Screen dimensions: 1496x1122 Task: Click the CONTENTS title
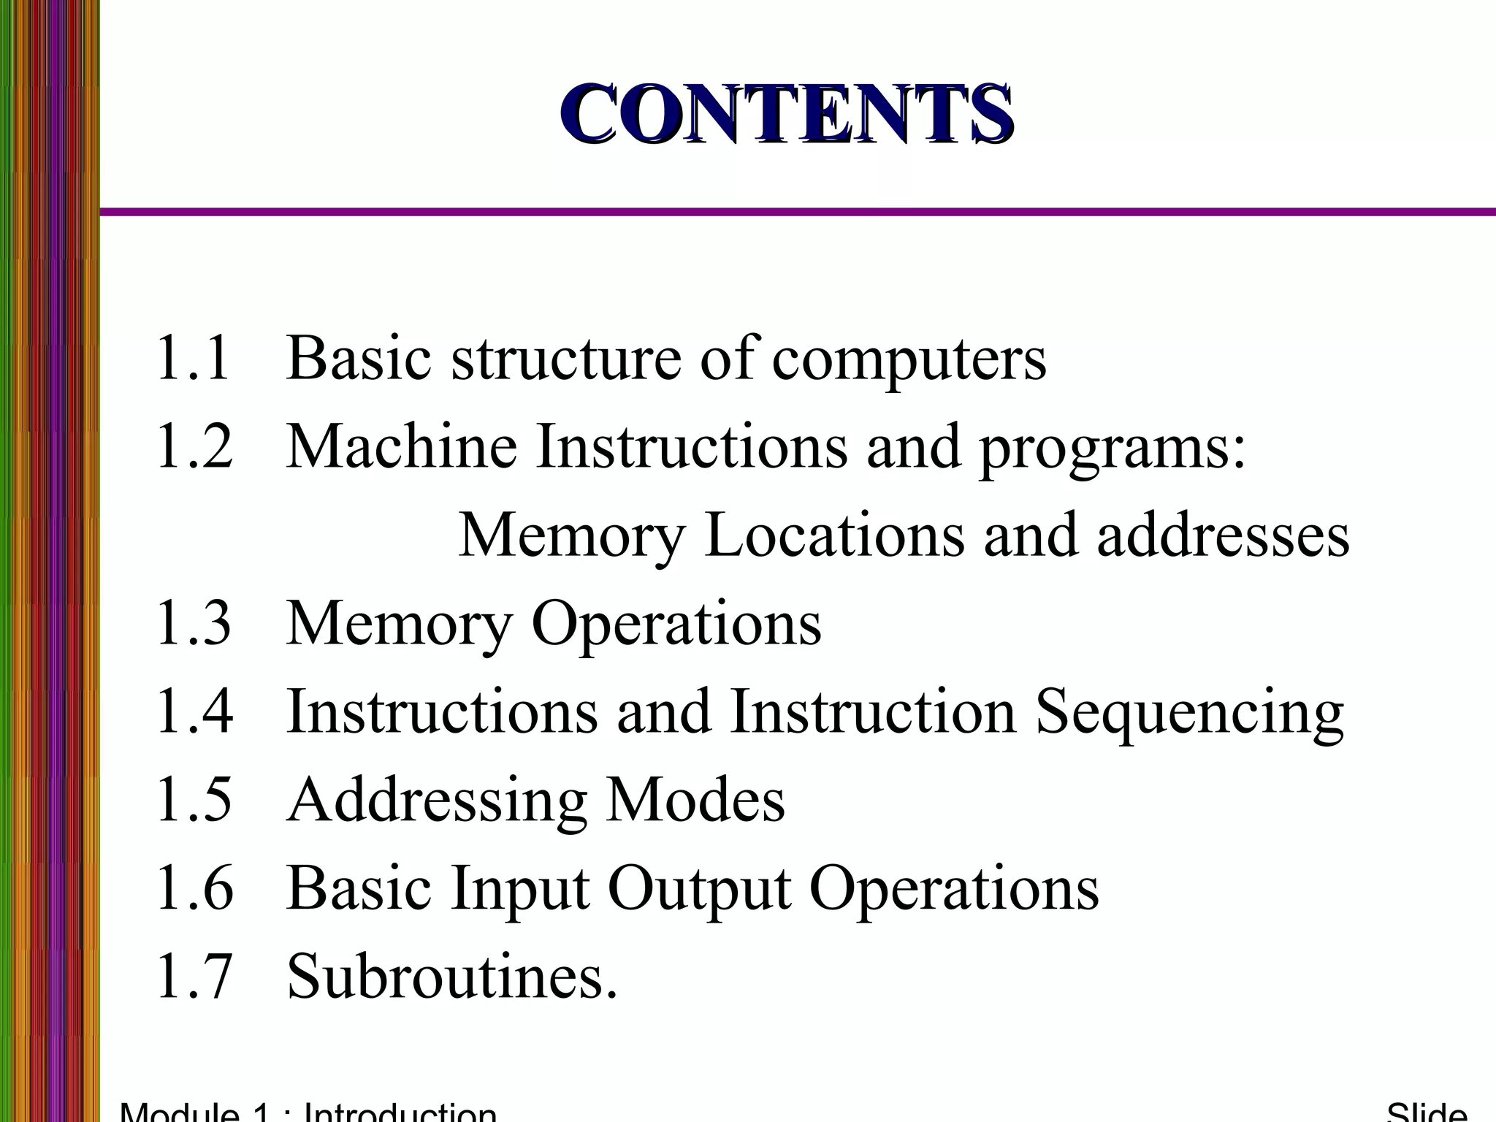[787, 115]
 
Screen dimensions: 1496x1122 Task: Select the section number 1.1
[193, 358]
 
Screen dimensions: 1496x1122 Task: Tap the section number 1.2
[194, 446]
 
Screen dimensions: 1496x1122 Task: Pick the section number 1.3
[194, 623]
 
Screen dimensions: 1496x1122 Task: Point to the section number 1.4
[194, 711]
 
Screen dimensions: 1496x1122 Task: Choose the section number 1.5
[194, 800]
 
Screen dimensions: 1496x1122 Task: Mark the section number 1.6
[194, 888]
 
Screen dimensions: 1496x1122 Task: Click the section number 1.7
[194, 977]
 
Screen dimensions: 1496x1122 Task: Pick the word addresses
[1223, 535]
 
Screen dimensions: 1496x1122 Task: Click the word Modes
[695, 800]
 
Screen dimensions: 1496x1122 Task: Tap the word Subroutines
[452, 977]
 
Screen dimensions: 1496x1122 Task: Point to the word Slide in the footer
[1427, 1112]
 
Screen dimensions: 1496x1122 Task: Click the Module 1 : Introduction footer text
[308, 1112]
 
